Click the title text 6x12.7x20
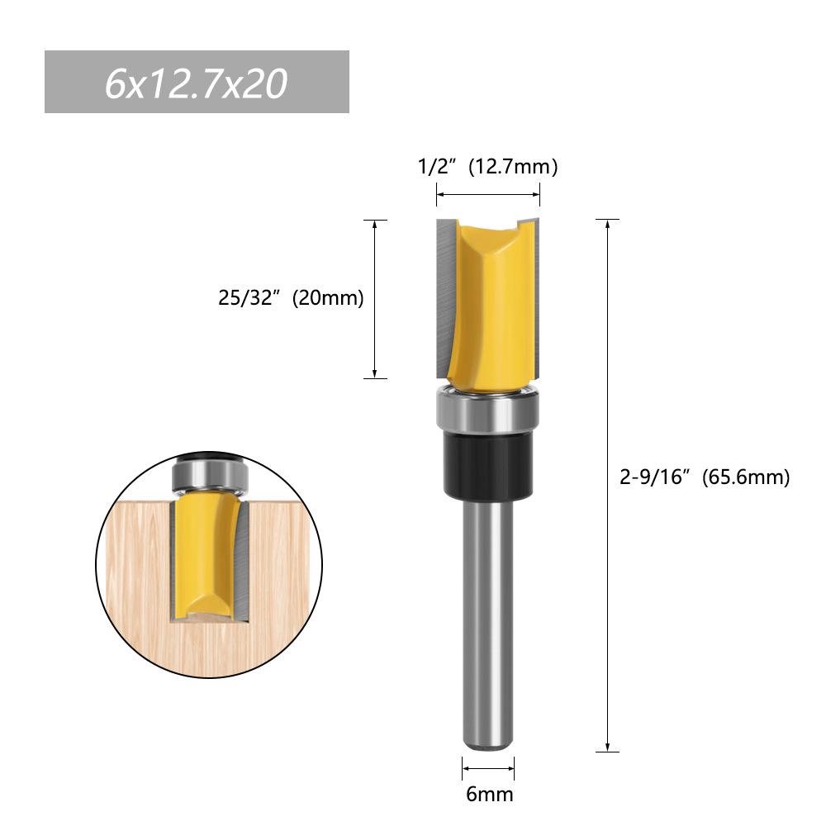click(x=196, y=83)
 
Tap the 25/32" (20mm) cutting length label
click(x=291, y=298)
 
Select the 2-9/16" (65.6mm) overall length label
click(x=704, y=477)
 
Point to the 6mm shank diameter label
click(x=489, y=795)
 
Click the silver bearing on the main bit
click(x=487, y=411)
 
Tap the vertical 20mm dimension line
click(x=375, y=299)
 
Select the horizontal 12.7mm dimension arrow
click(x=487, y=195)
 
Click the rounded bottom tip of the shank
click(x=487, y=743)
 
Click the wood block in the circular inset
click(x=132, y=578)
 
